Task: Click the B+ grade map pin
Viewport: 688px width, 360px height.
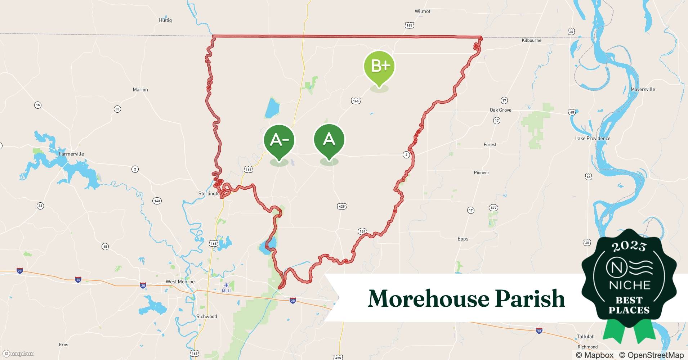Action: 379,67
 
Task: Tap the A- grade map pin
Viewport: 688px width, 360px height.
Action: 279,140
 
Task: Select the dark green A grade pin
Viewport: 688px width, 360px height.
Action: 329,139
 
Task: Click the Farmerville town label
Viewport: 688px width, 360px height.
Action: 71,154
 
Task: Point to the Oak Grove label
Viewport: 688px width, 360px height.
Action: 500,110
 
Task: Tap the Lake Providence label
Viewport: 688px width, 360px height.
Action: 593,138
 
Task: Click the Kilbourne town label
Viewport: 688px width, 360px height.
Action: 531,40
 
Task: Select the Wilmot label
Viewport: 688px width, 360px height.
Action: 422,11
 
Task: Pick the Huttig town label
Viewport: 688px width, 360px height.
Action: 165,20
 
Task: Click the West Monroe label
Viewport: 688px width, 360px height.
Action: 180,282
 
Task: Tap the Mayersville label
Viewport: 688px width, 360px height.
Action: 643,89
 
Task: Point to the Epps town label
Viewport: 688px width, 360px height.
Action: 463,239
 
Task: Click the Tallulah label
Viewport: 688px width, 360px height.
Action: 585,337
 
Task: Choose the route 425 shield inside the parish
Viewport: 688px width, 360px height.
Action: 341,206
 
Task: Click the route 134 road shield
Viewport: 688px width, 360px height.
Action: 362,231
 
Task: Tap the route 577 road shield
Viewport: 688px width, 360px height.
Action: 493,208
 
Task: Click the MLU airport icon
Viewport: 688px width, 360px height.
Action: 226,286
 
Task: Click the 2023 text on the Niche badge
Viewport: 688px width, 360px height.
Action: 629,246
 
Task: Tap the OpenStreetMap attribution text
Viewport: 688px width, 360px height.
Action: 651,355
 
